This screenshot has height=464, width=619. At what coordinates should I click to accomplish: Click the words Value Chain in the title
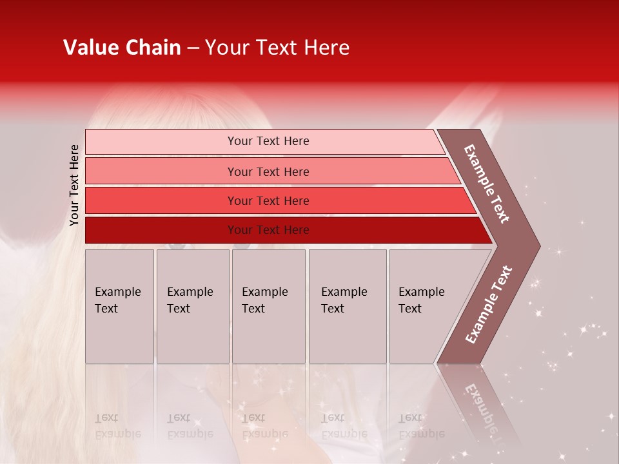[x=122, y=48]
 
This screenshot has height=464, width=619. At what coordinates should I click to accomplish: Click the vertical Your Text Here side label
[x=74, y=185]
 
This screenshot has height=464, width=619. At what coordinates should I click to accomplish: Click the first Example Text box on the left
[x=119, y=306]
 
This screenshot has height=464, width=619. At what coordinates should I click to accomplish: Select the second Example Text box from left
[x=192, y=306]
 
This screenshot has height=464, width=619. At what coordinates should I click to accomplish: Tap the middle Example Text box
[x=268, y=306]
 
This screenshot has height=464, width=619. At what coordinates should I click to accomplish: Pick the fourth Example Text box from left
[x=347, y=306]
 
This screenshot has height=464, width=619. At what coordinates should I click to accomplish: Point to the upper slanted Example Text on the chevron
[x=487, y=184]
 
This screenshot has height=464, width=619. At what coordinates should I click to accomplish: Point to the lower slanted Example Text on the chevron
[x=489, y=304]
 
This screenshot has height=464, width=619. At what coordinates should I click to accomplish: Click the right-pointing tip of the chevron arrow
[x=536, y=246]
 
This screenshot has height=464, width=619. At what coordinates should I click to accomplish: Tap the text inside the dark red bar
[x=268, y=230]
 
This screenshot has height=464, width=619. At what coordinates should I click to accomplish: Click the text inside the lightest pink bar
[x=268, y=141]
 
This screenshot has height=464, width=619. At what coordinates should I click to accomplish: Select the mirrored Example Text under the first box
[x=117, y=426]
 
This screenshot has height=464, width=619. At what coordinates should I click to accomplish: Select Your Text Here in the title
[x=277, y=48]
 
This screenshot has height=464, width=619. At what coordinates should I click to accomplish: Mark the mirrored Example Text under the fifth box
[x=421, y=426]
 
